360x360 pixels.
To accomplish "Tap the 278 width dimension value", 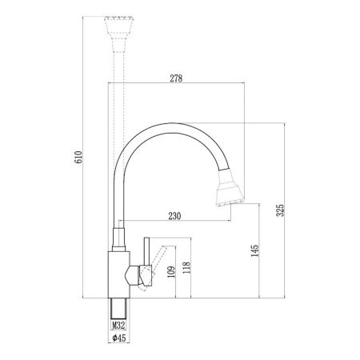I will tap(174, 78).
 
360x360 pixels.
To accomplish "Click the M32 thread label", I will tap(119, 326).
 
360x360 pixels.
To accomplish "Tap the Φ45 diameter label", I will tap(118, 338).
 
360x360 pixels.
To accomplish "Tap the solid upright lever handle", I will tap(146, 260).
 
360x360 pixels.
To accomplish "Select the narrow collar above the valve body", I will tap(118, 237).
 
